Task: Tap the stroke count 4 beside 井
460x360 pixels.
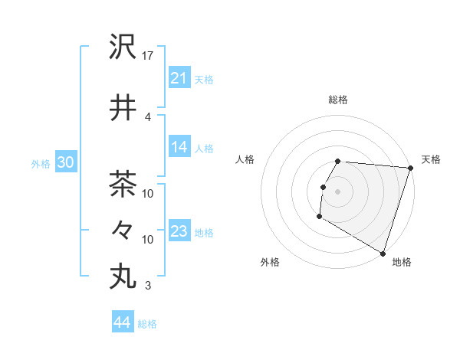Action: pos(148,116)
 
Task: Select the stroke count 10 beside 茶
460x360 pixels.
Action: pos(149,193)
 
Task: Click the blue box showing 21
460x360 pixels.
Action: pos(179,78)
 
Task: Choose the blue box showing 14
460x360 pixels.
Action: pos(179,148)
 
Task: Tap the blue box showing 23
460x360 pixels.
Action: pos(179,231)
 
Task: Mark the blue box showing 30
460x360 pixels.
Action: pos(65,163)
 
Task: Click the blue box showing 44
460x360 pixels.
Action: pos(122,322)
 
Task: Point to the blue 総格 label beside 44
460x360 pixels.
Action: pos(147,324)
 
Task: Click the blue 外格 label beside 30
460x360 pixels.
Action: pos(40,164)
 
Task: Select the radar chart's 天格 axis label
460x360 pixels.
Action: pos(431,159)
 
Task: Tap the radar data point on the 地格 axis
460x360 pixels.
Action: pos(382,253)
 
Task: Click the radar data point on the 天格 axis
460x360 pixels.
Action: pos(410,168)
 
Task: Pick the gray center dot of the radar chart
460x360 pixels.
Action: pos(337,191)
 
